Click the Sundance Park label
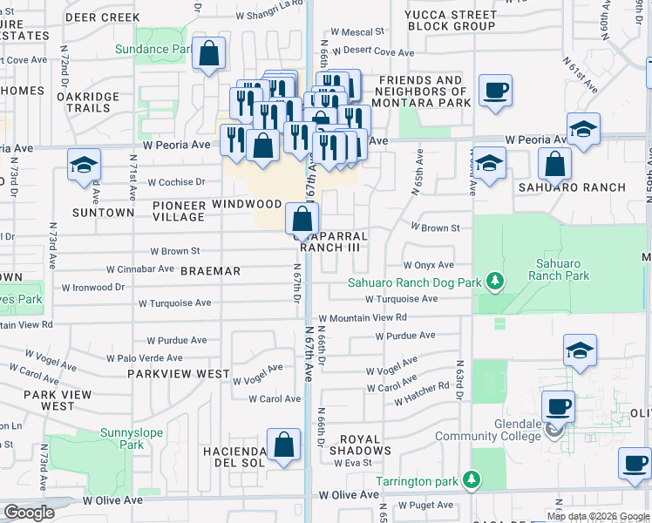[153, 50]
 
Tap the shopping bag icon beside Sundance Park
[209, 54]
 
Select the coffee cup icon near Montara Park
[495, 92]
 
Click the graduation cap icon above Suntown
[84, 166]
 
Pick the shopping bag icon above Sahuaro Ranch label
[554, 164]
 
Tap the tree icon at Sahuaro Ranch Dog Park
[494, 280]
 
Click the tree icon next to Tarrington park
[472, 479]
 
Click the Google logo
[29, 513]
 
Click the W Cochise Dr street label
[176, 183]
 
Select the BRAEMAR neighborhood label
[210, 271]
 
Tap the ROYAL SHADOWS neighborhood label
[365, 445]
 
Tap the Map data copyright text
[598, 516]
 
